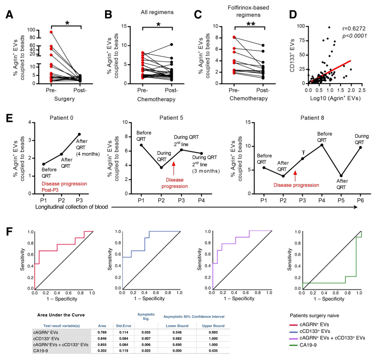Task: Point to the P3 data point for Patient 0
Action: point(79,134)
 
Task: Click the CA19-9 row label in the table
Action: point(47,351)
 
